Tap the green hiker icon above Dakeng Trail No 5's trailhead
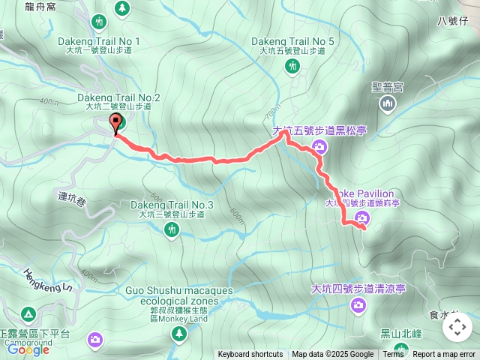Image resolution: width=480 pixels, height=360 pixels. pyautogui.click(x=292, y=67)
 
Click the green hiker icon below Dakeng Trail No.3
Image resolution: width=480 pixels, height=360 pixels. pyautogui.click(x=172, y=231)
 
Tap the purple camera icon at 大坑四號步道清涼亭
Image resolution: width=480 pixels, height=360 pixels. pyautogui.click(x=358, y=304)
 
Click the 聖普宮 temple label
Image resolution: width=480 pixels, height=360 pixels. pyautogui.click(x=388, y=87)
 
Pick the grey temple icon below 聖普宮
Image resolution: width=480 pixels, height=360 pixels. pyautogui.click(x=388, y=105)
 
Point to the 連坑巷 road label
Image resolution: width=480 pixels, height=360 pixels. pyautogui.click(x=72, y=200)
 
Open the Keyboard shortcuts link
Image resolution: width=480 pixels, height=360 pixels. pyautogui.click(x=250, y=355)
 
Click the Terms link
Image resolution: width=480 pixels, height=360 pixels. pyautogui.click(x=393, y=355)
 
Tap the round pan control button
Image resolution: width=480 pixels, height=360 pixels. pyautogui.click(x=457, y=327)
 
